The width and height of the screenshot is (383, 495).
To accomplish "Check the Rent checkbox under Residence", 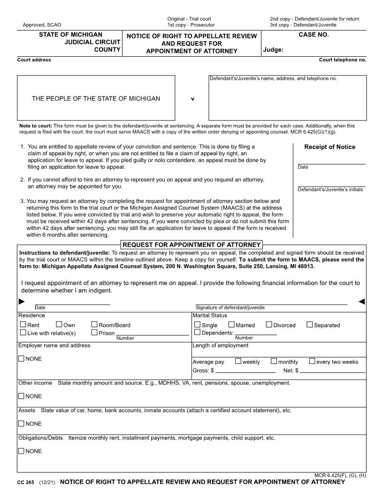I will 23,324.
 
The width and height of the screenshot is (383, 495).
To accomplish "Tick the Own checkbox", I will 59,324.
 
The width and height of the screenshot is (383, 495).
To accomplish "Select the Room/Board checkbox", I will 94,324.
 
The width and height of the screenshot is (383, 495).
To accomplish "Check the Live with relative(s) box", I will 23,332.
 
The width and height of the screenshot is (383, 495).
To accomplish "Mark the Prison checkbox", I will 94,332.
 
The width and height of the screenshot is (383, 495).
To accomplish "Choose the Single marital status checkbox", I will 197,324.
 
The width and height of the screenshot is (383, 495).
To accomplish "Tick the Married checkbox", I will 231,324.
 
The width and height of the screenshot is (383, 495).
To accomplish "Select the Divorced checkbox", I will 269,324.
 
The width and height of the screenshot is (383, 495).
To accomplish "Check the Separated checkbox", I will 310,324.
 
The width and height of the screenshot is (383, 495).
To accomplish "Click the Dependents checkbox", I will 197,332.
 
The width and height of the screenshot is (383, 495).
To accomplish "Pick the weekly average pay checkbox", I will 238,361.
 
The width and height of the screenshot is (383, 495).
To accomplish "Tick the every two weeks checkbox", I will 312,361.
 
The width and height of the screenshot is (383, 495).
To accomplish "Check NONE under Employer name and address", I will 21,359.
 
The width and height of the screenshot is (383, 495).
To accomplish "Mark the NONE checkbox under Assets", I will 21,423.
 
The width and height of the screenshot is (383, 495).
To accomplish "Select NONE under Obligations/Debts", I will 21,451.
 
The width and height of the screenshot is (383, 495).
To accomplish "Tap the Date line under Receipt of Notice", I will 331,163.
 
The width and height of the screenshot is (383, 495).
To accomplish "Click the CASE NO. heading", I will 314,35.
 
